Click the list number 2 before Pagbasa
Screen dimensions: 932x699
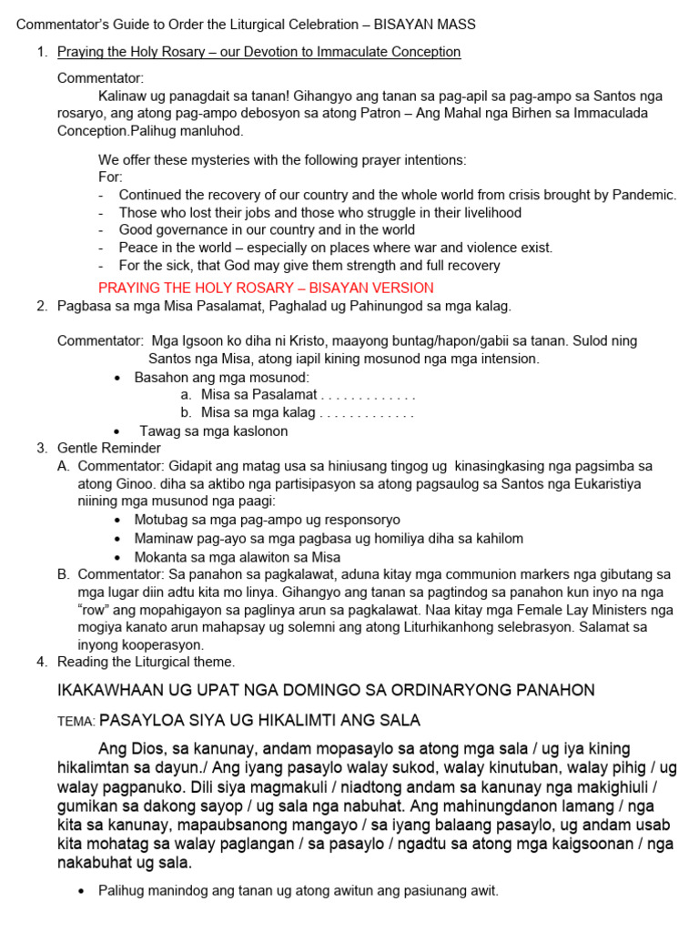[42, 306]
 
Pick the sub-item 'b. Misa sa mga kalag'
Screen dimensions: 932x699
[258, 412]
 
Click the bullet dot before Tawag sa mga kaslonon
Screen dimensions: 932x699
[117, 431]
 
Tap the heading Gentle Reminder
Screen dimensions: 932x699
[109, 448]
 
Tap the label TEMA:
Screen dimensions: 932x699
[76, 722]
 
